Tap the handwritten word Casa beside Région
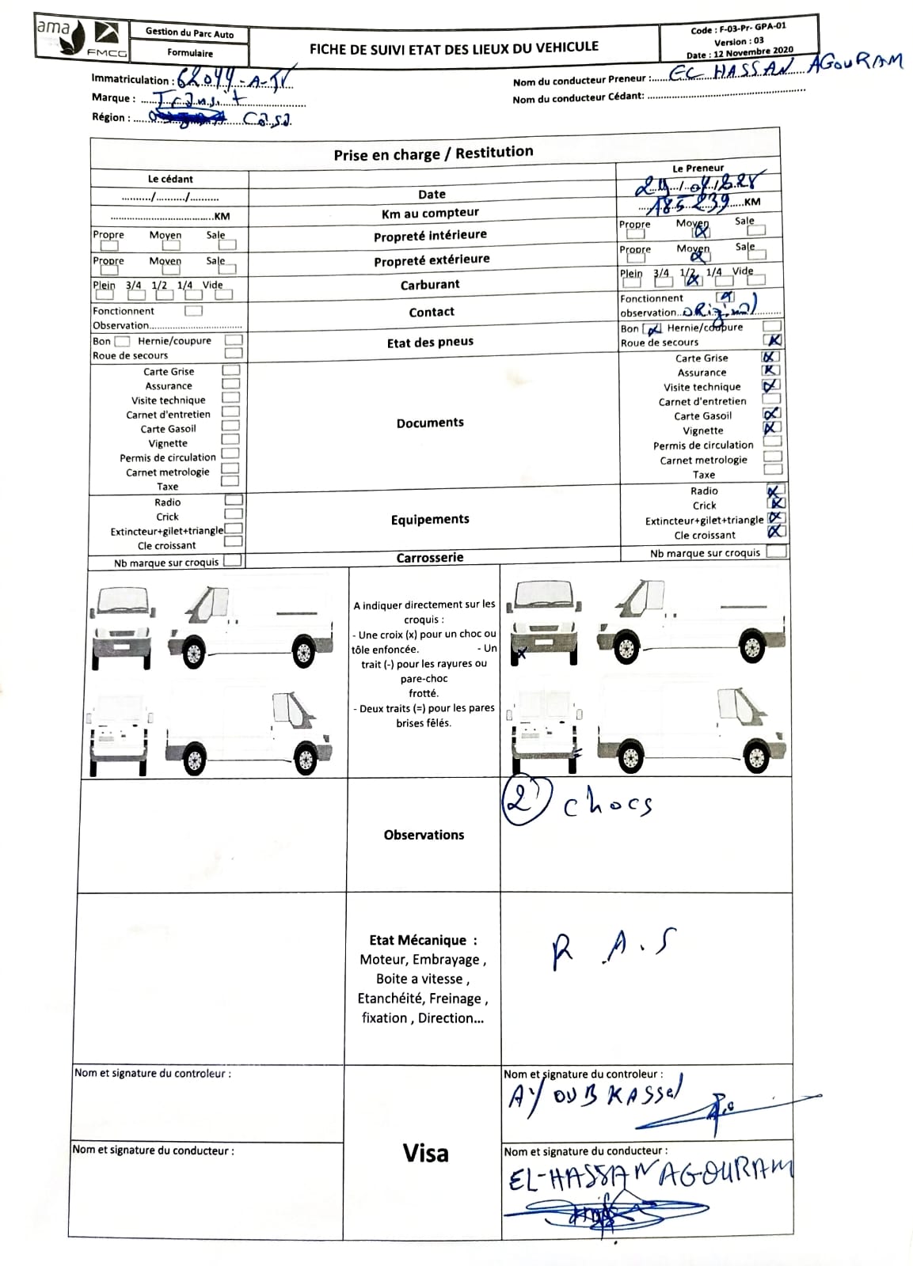pyautogui.click(x=267, y=120)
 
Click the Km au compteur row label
pyautogui.click(x=430, y=213)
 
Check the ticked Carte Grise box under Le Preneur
pyautogui.click(x=770, y=357)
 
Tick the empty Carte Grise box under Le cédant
pyautogui.click(x=230, y=370)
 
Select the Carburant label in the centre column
pyautogui.click(x=430, y=285)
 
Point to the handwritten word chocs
pyautogui.click(x=607, y=805)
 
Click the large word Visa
pyautogui.click(x=426, y=1154)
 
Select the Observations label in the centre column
pyautogui.click(x=424, y=835)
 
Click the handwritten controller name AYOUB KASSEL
pyautogui.click(x=594, y=1097)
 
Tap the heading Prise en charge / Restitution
pyautogui.click(x=433, y=154)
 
